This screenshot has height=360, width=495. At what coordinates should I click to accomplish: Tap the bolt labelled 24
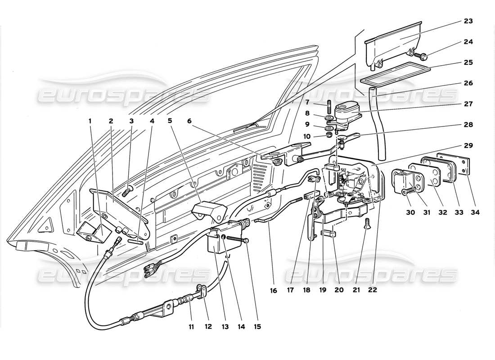[x=423, y=57]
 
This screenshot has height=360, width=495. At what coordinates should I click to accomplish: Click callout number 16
[x=273, y=290]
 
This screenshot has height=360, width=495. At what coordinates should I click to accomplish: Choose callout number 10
[x=319, y=135]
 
